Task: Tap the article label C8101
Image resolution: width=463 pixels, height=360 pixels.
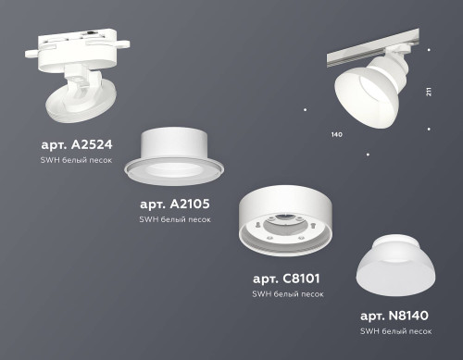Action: [288, 278]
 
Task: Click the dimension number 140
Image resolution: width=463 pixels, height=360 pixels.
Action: [336, 135]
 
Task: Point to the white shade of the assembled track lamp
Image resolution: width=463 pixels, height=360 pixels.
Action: [357, 101]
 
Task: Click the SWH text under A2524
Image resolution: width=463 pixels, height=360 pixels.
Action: [50, 161]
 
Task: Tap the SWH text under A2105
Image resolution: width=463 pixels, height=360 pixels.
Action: [148, 219]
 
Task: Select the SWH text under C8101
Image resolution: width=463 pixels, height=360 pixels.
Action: [261, 293]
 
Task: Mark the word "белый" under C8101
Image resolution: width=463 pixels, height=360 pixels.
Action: [288, 293]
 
